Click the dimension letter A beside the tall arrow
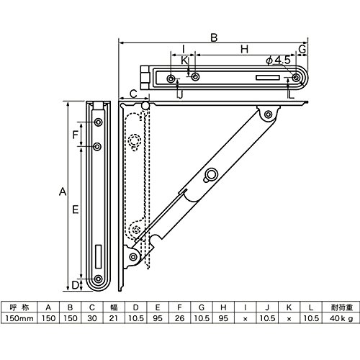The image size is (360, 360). click(63, 192)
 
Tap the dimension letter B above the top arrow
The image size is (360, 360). click(214, 38)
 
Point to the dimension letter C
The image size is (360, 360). click(133, 94)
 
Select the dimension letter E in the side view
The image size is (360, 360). click(76, 210)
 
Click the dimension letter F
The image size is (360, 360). click(76, 135)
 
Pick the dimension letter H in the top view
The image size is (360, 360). click(244, 49)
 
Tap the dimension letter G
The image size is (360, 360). click(302, 49)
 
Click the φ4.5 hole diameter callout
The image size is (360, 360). click(279, 60)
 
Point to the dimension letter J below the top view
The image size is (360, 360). click(180, 94)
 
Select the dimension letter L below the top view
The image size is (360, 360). click(291, 95)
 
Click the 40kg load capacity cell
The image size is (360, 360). click(341, 318)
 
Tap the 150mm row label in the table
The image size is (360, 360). click(19, 318)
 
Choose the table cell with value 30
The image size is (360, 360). click(92, 318)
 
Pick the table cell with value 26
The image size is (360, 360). click(179, 318)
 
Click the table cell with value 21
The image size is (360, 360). click(114, 318)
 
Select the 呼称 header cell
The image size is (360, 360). click(19, 307)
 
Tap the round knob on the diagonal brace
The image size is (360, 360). click(212, 174)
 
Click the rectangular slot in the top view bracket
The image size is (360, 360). click(268, 78)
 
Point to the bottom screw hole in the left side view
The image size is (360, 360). click(98, 279)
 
